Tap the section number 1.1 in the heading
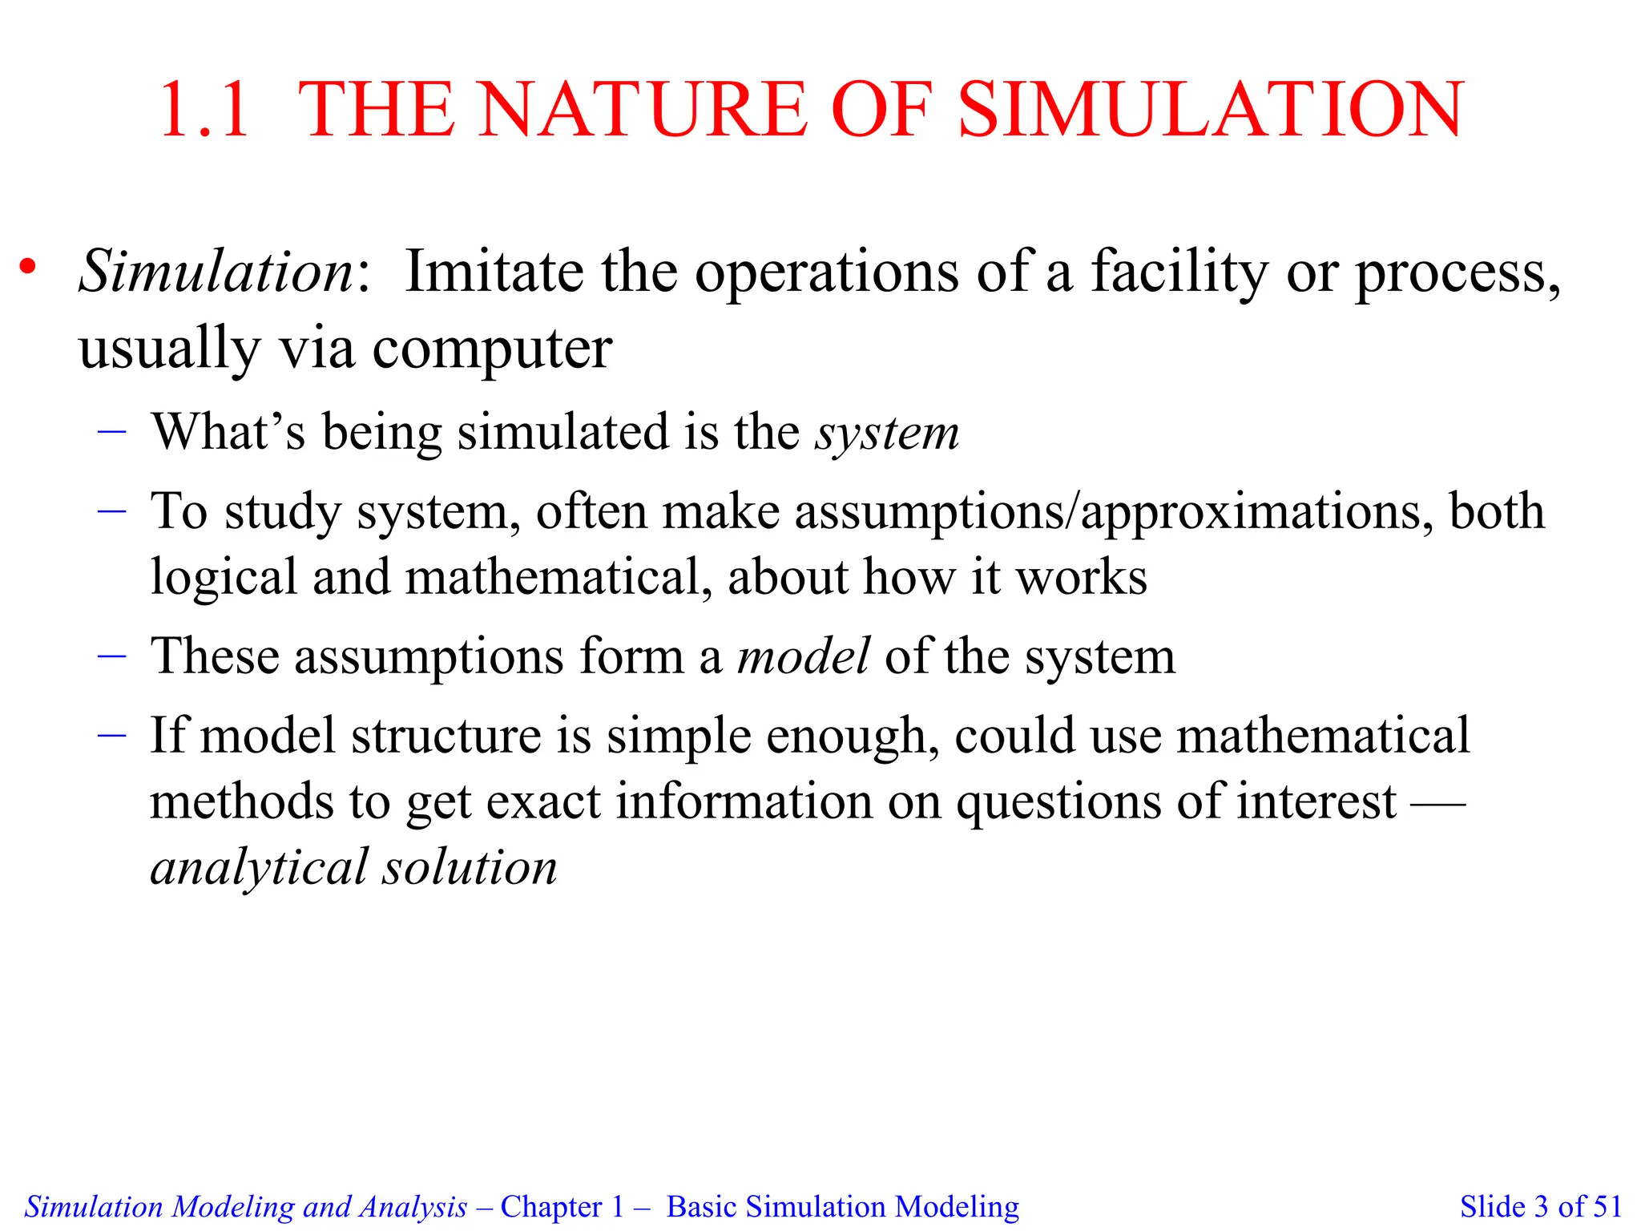click(x=205, y=110)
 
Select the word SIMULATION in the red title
click(x=1211, y=110)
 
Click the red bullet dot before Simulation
click(x=29, y=268)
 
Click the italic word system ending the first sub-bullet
click(x=887, y=434)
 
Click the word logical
click(x=224, y=578)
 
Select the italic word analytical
click(x=259, y=868)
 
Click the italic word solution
click(x=469, y=867)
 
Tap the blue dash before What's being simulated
click(x=112, y=432)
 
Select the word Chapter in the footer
click(x=551, y=1206)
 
